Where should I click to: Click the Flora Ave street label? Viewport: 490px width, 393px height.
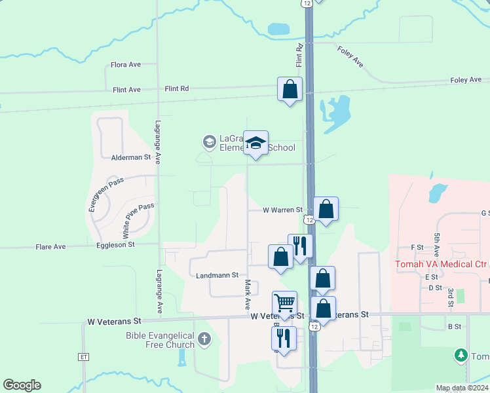(x=126, y=65)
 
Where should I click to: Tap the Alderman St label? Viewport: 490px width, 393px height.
(x=131, y=158)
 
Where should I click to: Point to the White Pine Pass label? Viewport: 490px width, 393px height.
(x=138, y=219)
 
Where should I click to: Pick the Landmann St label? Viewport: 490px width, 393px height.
(x=217, y=276)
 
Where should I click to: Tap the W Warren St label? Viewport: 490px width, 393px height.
(x=282, y=210)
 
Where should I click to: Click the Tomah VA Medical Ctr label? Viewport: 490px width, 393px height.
(x=441, y=265)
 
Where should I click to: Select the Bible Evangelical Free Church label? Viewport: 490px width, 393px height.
(x=160, y=340)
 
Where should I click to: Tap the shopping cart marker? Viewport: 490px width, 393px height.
(x=284, y=303)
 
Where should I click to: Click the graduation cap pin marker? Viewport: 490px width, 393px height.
(x=255, y=143)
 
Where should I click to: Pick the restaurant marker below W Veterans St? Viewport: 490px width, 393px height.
(x=284, y=338)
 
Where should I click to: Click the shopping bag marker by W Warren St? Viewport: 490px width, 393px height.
(x=326, y=209)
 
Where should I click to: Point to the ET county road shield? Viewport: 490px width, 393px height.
(x=83, y=357)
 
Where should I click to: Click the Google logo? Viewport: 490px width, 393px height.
(x=22, y=385)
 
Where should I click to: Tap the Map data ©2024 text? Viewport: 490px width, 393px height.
(x=461, y=388)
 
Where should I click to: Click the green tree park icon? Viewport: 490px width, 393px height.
(x=461, y=355)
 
